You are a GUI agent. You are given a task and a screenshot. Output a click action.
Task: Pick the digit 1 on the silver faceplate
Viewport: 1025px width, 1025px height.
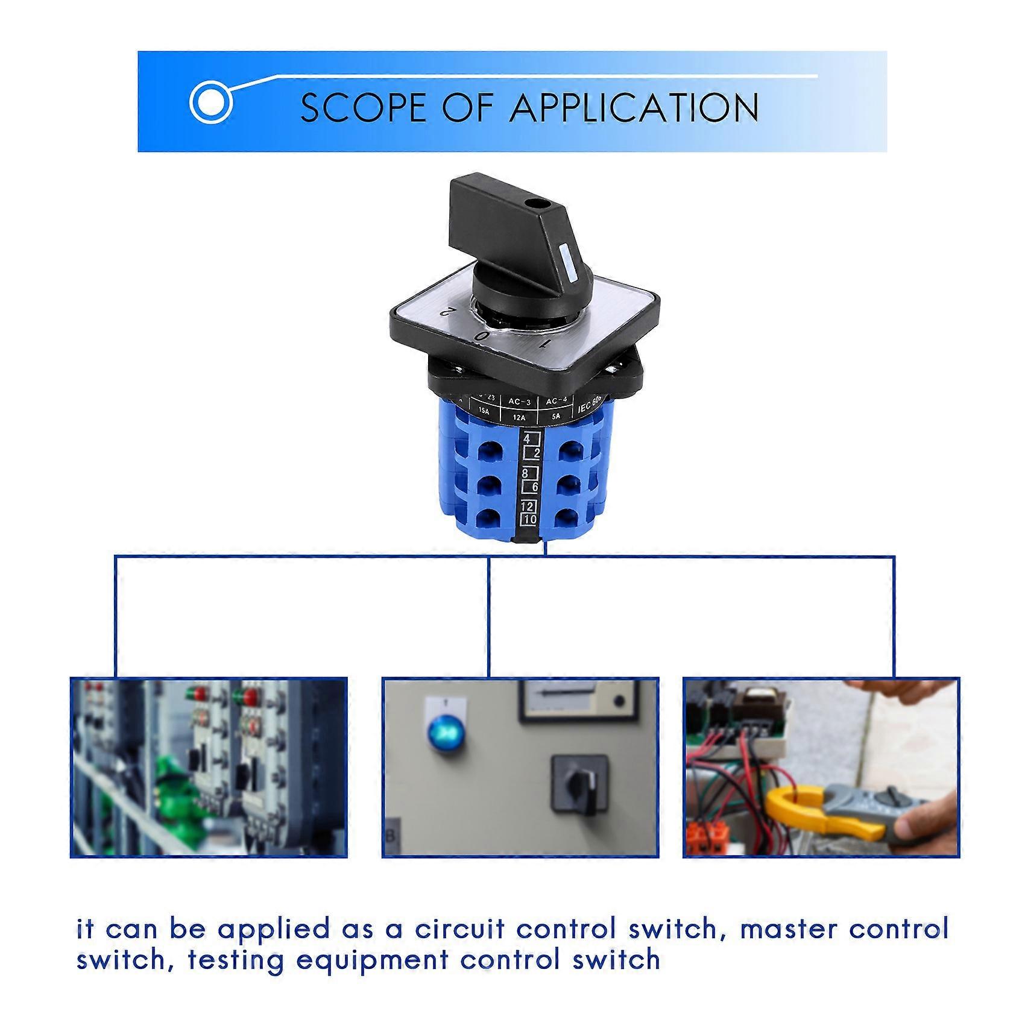tap(545, 343)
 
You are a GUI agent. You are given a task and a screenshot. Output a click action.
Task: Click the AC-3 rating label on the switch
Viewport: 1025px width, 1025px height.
tap(519, 401)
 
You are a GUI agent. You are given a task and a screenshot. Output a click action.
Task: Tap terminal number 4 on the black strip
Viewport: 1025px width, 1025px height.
tap(527, 439)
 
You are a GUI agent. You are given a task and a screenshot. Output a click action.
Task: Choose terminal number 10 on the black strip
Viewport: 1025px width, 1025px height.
tap(530, 519)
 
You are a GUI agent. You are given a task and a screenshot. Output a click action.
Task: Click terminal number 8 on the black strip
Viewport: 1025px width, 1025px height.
tap(526, 473)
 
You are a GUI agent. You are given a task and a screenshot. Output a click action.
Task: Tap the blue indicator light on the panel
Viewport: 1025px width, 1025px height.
tap(444, 732)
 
